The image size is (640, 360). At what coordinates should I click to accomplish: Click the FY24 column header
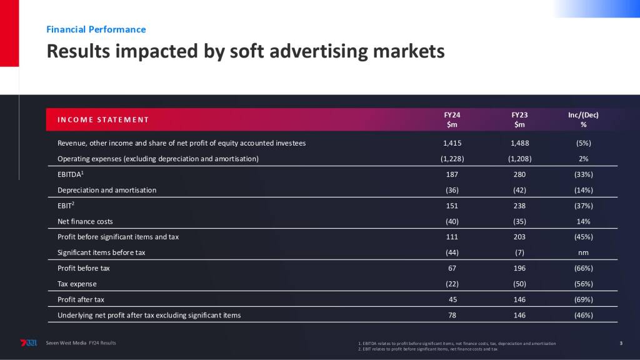(x=452, y=119)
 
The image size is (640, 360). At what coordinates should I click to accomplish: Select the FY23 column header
(x=519, y=119)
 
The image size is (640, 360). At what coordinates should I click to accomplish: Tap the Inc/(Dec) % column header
(x=583, y=119)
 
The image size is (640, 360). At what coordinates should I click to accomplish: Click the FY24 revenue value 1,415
(x=452, y=143)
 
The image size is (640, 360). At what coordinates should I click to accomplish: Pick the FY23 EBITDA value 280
(x=519, y=174)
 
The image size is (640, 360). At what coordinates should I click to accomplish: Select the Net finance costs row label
(x=85, y=221)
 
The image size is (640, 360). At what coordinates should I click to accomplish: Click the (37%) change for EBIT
(x=583, y=206)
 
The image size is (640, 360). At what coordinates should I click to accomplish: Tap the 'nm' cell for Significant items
(x=583, y=252)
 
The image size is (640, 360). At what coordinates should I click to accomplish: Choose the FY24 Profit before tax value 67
(x=452, y=268)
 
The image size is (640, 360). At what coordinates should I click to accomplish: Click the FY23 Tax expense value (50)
(x=519, y=284)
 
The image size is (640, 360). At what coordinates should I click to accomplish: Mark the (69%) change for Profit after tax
(x=583, y=299)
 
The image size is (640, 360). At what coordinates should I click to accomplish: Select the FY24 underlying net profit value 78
(x=452, y=315)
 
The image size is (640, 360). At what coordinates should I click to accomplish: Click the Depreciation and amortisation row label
(x=107, y=190)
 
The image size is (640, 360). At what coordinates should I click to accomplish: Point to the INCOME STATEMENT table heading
(x=103, y=119)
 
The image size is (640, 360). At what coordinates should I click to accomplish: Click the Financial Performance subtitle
(x=96, y=29)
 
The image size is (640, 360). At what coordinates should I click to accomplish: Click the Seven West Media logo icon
(x=29, y=343)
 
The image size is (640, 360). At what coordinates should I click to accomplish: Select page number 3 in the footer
(x=621, y=343)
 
